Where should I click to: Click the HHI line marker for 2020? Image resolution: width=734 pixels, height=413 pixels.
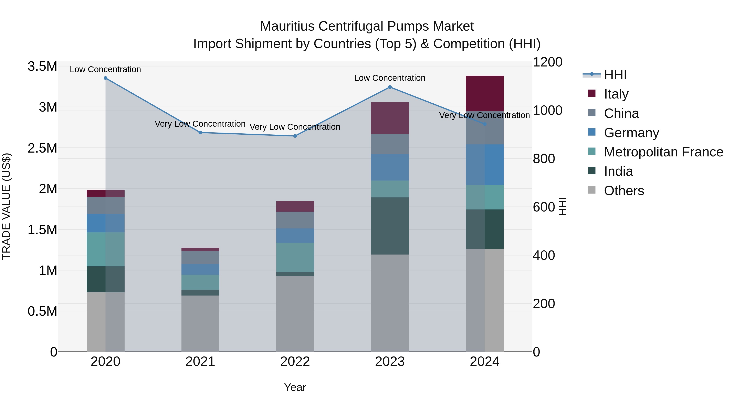click(105, 78)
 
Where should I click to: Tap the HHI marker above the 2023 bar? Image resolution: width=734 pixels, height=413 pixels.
click(390, 87)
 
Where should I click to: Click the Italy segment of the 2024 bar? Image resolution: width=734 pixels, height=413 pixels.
click(485, 93)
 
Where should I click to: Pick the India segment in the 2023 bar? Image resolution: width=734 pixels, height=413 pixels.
click(390, 226)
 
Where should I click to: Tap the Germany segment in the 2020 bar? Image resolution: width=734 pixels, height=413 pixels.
click(105, 223)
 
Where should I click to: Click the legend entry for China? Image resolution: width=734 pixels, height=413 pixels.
click(621, 113)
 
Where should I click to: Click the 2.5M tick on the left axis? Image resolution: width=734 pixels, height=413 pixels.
click(42, 148)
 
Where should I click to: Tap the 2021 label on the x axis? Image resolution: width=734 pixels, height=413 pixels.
click(200, 362)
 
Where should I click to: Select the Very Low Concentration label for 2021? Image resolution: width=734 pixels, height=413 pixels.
click(200, 124)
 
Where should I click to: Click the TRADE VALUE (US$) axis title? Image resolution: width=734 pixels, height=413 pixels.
click(6, 206)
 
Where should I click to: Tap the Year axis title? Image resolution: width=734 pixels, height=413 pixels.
click(295, 387)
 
